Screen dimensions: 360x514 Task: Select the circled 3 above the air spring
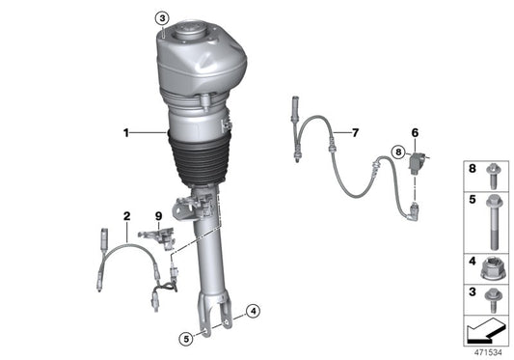(x=163, y=17)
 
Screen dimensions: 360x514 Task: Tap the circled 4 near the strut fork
(x=253, y=311)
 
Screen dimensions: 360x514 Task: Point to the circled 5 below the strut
(x=183, y=338)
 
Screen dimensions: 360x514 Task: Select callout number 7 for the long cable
(x=355, y=131)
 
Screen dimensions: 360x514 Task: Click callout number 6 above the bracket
(x=416, y=134)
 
